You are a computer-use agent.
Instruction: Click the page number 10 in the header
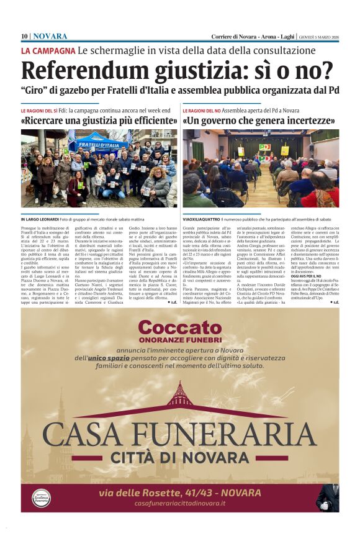(25, 36)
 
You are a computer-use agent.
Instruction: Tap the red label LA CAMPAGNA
(48, 50)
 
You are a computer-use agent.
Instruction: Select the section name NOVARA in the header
(50, 36)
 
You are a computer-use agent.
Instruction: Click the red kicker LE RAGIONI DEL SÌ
(39, 111)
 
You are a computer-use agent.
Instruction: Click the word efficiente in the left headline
(149, 121)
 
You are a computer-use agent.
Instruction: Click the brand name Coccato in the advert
(179, 328)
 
